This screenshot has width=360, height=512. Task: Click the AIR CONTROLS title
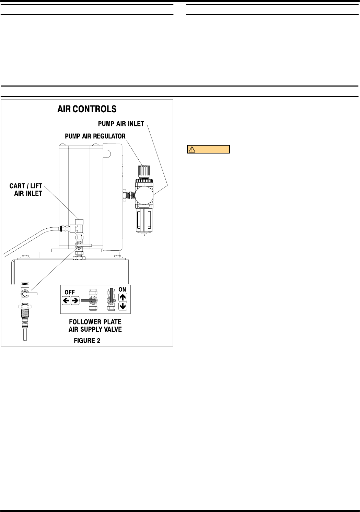point(87,109)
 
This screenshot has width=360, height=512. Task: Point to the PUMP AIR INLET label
point(121,124)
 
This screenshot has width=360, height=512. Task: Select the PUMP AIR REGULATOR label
point(95,136)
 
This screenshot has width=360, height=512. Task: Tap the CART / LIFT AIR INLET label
point(26,190)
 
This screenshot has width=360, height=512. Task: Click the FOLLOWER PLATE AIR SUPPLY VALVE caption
point(95,326)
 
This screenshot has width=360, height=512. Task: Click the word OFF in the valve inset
point(70,292)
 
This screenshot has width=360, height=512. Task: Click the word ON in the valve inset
point(122,289)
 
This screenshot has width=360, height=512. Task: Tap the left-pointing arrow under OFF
point(66,301)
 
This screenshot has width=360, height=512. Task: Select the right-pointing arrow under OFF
point(75,301)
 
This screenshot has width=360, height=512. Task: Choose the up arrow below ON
point(123,297)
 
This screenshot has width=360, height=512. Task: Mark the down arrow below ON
point(123,306)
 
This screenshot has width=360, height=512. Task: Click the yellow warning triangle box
point(208,149)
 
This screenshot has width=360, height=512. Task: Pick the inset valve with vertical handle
point(111,299)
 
